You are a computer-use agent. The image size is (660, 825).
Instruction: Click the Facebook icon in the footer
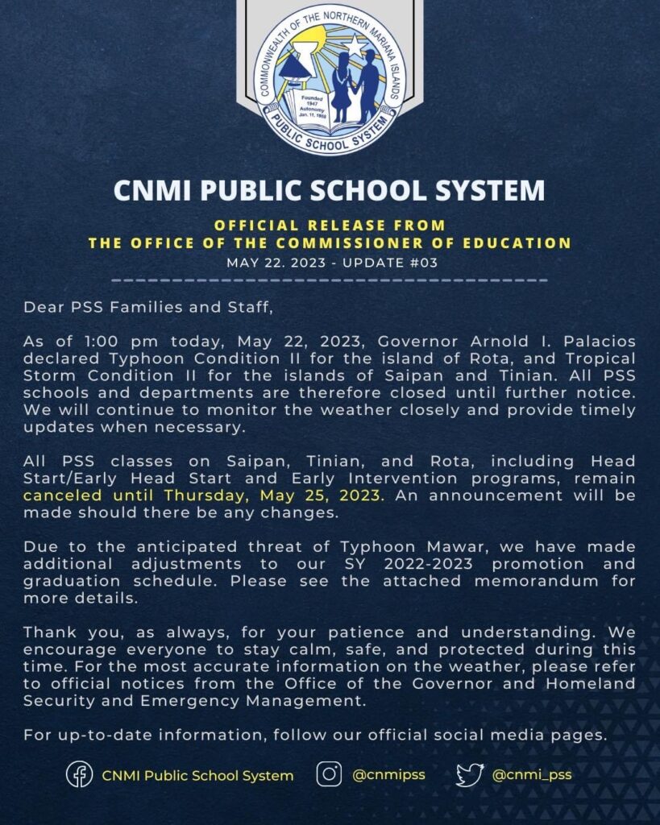[79, 775]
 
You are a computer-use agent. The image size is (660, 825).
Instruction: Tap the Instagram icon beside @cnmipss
[329, 775]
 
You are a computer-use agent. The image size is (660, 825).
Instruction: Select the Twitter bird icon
[468, 775]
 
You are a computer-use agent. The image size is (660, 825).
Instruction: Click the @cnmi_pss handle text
[532, 775]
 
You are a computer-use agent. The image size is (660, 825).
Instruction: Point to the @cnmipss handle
[388, 775]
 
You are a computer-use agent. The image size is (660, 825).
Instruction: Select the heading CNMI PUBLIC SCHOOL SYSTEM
[329, 190]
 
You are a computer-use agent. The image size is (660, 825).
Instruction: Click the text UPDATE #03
[392, 263]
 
